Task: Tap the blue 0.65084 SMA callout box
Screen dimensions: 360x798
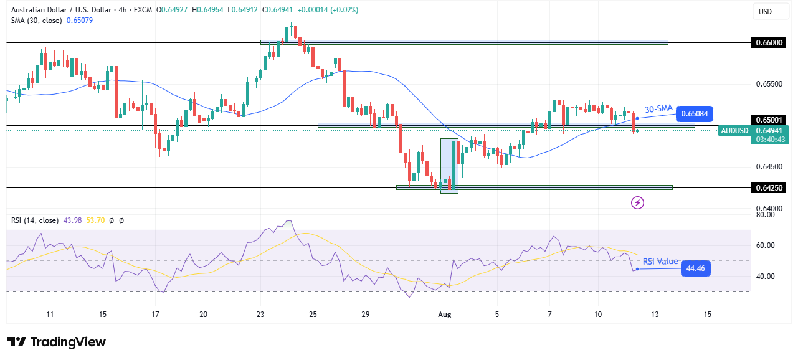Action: pos(694,114)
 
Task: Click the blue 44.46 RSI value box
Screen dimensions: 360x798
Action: pos(695,268)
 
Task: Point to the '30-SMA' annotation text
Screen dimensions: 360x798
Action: pos(658,108)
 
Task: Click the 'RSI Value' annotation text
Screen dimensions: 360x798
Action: pos(660,262)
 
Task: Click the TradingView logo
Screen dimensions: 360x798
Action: pos(57,342)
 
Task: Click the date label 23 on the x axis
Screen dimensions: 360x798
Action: pos(260,314)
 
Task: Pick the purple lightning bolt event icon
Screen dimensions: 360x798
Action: pos(637,202)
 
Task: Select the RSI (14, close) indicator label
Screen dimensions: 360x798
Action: pos(35,220)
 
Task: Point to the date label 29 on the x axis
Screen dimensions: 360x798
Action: pos(366,314)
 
